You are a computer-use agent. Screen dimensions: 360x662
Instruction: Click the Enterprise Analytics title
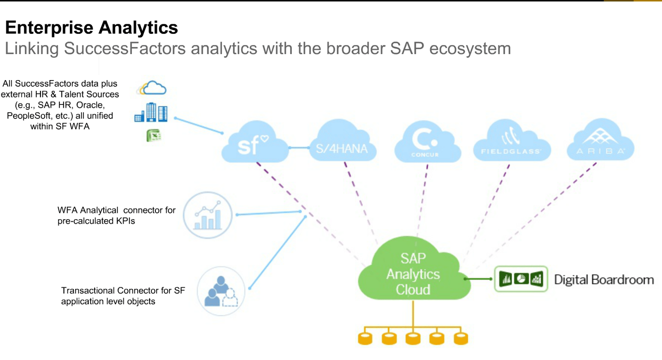pyautogui.click(x=91, y=28)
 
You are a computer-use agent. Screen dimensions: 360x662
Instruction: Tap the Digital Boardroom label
pyautogui.click(x=603, y=280)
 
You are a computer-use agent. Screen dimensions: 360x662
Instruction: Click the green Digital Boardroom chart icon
pyautogui.click(x=521, y=279)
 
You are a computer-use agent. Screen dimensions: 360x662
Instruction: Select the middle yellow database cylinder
pyautogui.click(x=412, y=338)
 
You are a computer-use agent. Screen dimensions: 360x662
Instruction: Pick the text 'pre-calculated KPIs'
pyautogui.click(x=96, y=221)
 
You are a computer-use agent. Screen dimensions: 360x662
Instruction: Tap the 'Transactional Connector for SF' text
pyautogui.click(x=123, y=291)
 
